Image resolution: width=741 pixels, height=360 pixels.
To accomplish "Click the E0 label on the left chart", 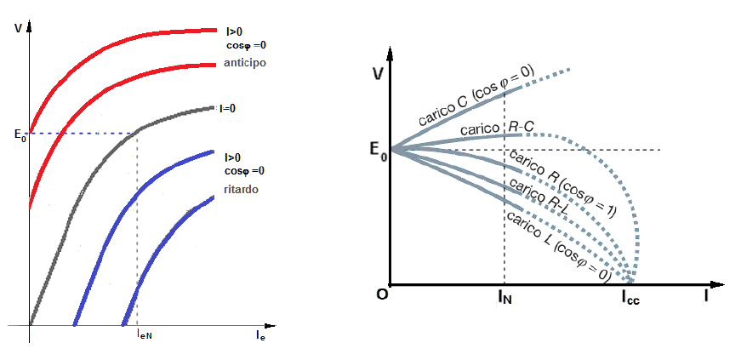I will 20,134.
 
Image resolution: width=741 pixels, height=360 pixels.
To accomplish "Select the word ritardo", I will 242,188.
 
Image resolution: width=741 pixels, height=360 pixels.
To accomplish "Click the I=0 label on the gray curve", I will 228,108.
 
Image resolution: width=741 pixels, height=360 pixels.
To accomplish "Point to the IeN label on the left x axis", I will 145,336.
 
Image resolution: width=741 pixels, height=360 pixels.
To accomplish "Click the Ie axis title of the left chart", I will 261,337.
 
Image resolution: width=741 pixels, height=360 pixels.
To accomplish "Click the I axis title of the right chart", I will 706,297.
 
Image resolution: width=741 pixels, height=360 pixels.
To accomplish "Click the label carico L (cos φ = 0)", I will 557,245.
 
